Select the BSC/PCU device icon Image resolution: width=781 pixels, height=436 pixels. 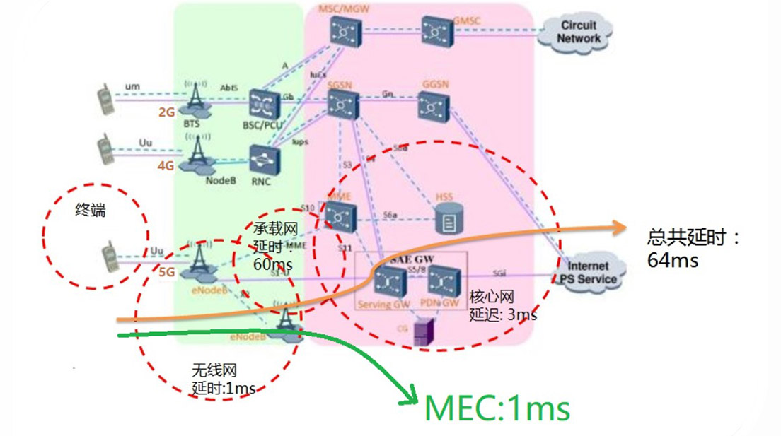pos(265,105)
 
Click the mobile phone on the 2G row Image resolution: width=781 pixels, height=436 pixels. pos(105,98)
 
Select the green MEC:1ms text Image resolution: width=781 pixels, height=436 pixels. pos(497,408)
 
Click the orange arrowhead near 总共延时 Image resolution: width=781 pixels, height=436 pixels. pos(620,227)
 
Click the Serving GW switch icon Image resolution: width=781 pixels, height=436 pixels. pos(386,281)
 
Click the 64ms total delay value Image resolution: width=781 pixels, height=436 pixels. pos(672,260)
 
